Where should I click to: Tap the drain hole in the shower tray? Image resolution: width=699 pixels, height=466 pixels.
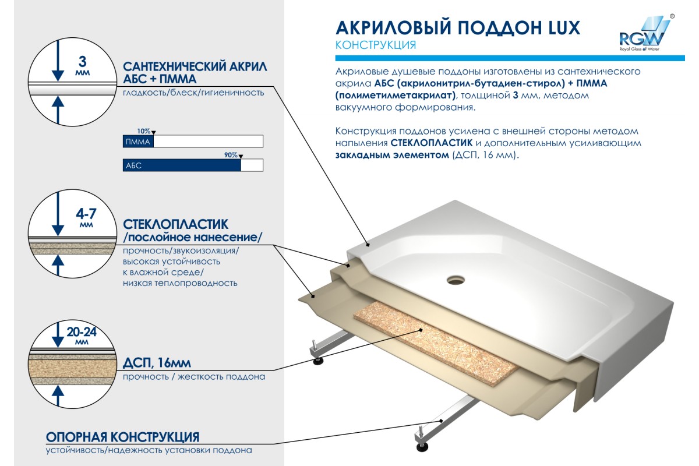[x=456, y=280]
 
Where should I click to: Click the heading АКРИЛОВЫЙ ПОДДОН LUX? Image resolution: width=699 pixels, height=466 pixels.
[x=458, y=28]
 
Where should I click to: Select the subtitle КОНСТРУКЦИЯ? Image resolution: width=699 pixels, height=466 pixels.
[x=376, y=45]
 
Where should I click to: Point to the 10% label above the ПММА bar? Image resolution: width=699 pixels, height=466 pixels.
[x=143, y=131]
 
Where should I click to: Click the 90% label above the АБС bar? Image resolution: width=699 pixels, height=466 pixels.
[x=231, y=155]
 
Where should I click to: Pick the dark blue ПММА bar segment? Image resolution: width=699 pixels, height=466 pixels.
[x=138, y=142]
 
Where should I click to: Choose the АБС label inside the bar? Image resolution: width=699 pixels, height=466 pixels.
[x=133, y=165]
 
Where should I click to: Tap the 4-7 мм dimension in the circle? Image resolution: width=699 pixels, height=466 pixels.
[x=86, y=217]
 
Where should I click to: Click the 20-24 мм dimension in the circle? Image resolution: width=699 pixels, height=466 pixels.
[x=82, y=335]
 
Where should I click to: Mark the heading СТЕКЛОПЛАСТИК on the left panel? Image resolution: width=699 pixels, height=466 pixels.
[x=176, y=224]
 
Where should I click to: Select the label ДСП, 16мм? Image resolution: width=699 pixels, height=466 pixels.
[x=157, y=363]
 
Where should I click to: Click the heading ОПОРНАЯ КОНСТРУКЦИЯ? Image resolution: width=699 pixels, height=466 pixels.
[x=123, y=437]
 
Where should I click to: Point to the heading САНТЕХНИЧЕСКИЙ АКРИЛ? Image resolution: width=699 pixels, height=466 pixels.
[x=195, y=67]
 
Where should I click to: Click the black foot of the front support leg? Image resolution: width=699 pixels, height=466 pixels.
[x=422, y=447]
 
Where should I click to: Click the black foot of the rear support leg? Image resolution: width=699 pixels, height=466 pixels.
[x=318, y=361]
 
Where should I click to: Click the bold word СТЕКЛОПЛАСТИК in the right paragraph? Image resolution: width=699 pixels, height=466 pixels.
[x=432, y=143]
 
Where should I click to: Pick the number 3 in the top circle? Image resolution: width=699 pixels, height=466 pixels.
[x=82, y=62]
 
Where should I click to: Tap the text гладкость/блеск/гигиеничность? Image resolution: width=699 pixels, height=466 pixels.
[x=193, y=93]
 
